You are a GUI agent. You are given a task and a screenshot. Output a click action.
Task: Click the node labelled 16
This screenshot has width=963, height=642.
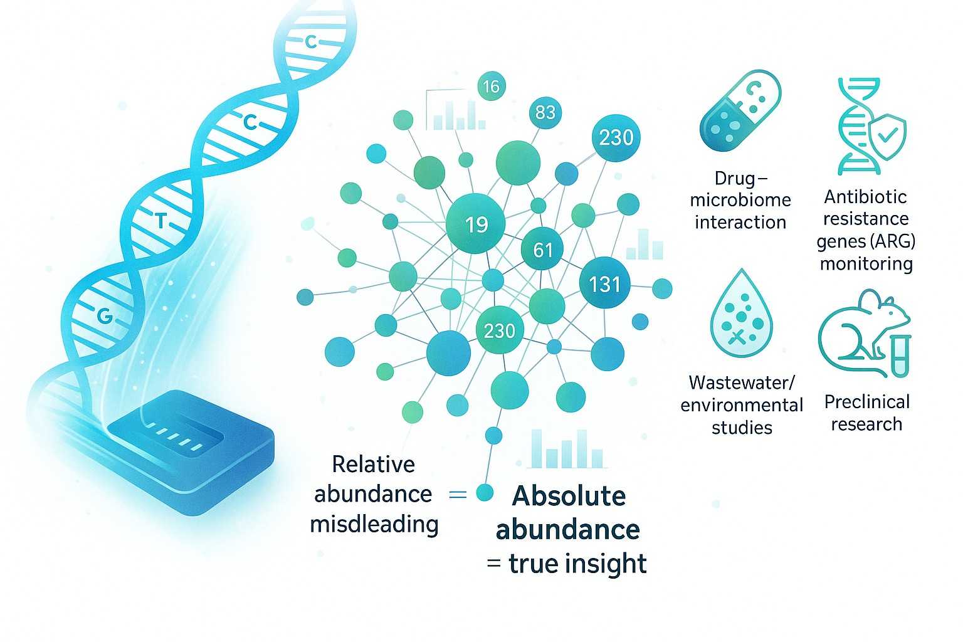491,86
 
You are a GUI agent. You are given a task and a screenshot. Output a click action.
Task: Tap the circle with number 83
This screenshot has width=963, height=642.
545,112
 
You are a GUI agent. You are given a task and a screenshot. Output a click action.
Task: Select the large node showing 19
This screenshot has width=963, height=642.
475,223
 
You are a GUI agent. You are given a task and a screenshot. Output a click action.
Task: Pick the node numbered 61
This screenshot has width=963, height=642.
542,250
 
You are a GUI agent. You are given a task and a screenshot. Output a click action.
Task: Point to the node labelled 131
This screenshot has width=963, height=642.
604,284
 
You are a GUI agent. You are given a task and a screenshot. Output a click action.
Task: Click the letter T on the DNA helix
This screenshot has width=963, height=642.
161,221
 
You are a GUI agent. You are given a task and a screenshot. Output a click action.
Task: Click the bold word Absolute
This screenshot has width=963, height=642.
569,496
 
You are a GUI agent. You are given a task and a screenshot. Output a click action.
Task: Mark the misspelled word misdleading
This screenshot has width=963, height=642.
374,524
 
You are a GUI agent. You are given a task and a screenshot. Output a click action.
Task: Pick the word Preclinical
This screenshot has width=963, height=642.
866,401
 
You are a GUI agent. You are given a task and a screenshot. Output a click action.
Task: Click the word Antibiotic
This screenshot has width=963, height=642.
865,197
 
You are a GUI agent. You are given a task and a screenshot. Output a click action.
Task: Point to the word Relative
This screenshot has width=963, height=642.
373,464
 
